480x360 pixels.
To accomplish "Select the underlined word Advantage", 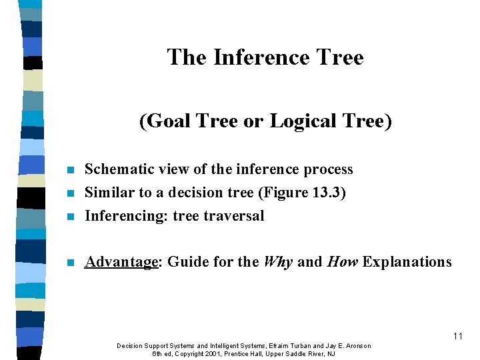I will click(x=122, y=262).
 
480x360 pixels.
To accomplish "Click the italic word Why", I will click(x=278, y=262).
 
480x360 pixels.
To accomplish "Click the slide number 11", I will click(x=457, y=336).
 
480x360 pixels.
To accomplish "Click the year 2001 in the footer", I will click(x=214, y=353).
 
